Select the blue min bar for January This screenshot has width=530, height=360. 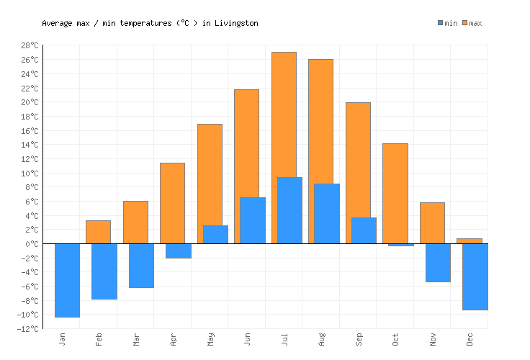(x=67, y=280)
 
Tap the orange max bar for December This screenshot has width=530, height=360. (x=470, y=240)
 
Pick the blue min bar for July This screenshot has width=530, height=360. (x=289, y=210)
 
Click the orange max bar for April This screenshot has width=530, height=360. (x=172, y=203)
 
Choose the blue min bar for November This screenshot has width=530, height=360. (x=438, y=263)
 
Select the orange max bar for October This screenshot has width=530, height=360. (x=395, y=193)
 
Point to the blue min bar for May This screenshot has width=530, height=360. (x=215, y=235)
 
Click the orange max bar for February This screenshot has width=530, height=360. (x=98, y=232)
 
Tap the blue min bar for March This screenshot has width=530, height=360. (x=141, y=266)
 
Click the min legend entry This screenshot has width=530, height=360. (x=447, y=23)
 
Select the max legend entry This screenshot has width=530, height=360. (x=472, y=23)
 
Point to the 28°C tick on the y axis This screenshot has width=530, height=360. (x=29, y=45)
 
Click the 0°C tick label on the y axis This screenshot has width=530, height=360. (x=31, y=244)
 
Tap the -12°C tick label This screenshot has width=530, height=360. (x=27, y=329)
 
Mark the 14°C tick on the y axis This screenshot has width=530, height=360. (x=29, y=145)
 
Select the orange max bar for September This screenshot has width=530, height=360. (x=358, y=159)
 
